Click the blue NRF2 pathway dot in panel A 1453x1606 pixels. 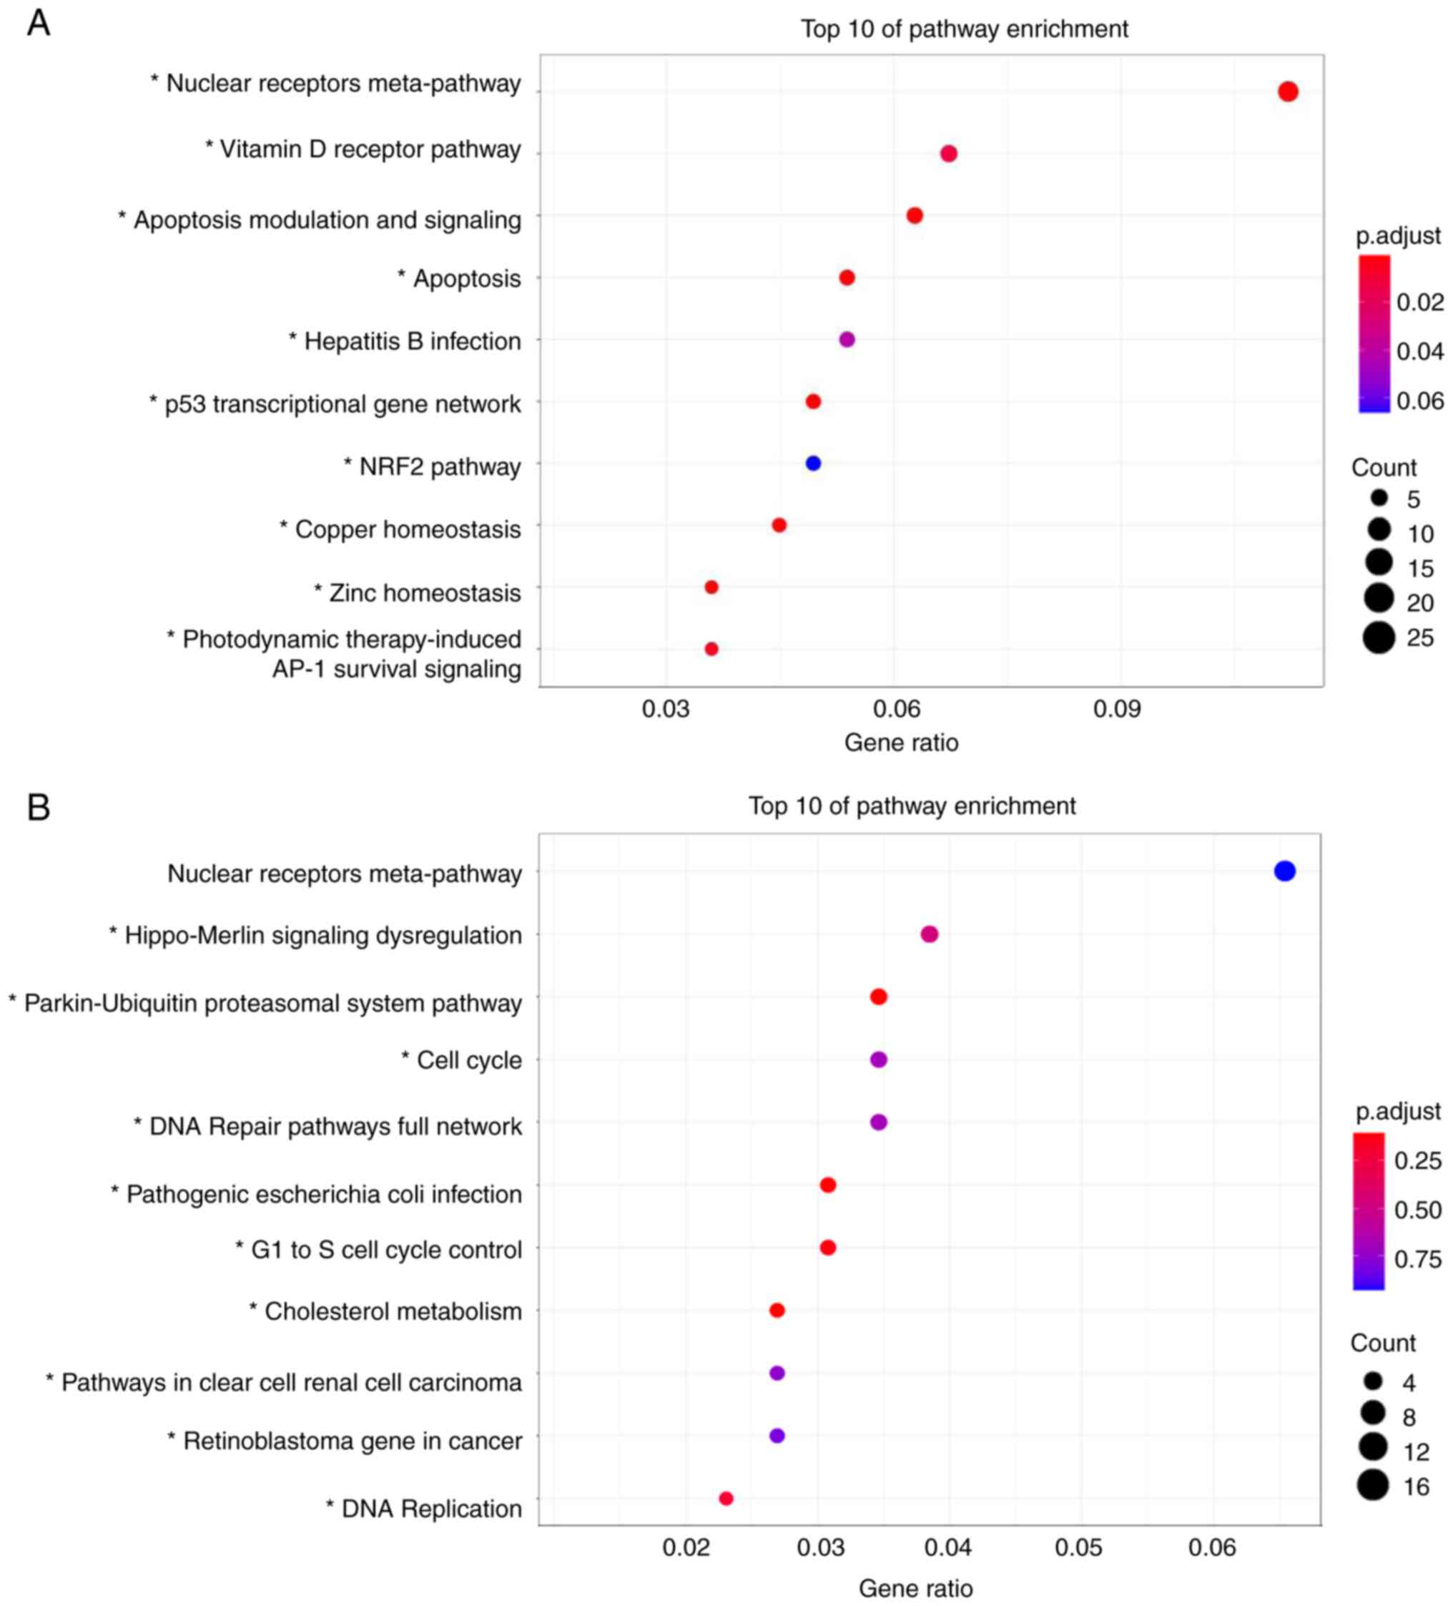(812, 463)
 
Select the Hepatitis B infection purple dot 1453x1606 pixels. (847, 339)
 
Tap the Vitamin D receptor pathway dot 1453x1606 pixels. (948, 153)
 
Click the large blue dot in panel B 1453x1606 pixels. (1284, 871)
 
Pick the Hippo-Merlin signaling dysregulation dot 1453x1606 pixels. (929, 934)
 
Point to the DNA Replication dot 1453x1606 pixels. (725, 1498)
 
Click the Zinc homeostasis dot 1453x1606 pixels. (711, 587)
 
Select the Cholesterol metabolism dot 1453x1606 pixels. (777, 1310)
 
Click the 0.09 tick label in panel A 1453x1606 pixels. (1117, 708)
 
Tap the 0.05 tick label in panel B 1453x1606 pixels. (1079, 1547)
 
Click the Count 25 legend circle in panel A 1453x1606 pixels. (1378, 638)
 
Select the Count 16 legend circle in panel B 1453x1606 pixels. (1373, 1485)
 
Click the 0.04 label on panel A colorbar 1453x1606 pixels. (1419, 351)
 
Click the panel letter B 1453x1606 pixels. (38, 807)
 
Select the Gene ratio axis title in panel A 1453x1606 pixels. (901, 743)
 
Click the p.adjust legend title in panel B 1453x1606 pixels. (1398, 1111)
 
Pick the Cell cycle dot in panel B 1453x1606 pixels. (878, 1059)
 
